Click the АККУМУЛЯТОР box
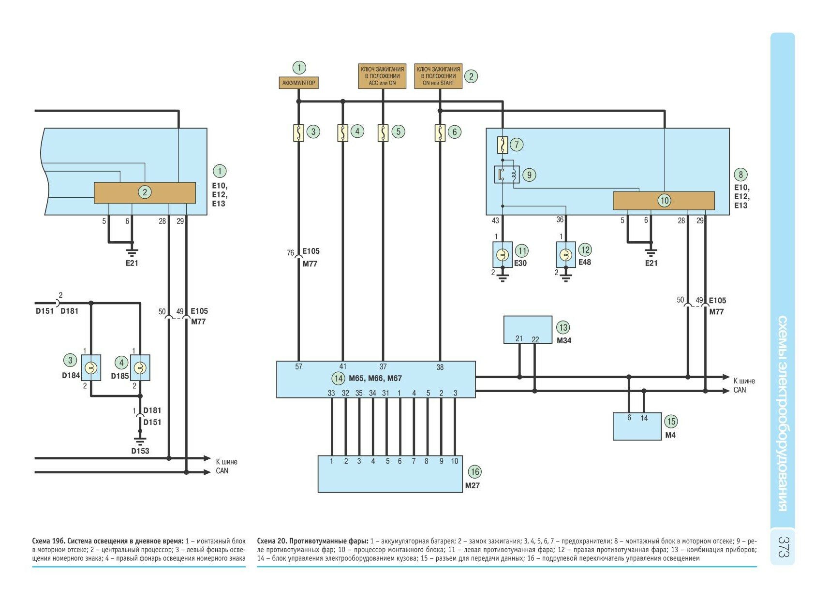[x=298, y=83]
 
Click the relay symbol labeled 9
[x=506, y=175]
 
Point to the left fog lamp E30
[x=503, y=254]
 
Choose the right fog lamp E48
[x=565, y=255]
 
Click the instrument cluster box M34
[x=528, y=329]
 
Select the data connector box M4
[x=636, y=426]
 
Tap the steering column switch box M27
[x=390, y=474]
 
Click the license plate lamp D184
[x=91, y=368]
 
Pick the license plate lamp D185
[x=140, y=368]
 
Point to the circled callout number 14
[x=338, y=379]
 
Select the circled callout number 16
[x=474, y=472]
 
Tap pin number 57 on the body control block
[x=298, y=367]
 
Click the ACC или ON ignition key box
[x=382, y=76]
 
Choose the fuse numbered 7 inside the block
[x=503, y=145]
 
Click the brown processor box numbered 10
[x=664, y=201]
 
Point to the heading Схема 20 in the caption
[x=272, y=541]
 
